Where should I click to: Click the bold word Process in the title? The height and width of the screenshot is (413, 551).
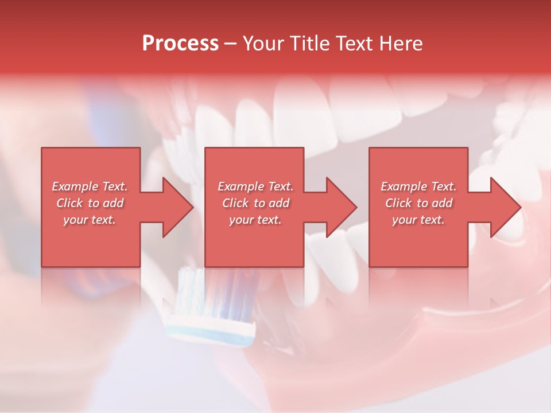(x=180, y=44)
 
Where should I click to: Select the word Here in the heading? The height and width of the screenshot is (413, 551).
(x=401, y=44)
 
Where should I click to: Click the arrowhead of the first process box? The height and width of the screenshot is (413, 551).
(x=178, y=207)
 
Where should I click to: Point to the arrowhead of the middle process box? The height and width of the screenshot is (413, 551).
(x=342, y=207)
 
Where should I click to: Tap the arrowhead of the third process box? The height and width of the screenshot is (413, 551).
(x=505, y=207)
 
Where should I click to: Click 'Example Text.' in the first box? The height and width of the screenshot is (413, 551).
(x=90, y=186)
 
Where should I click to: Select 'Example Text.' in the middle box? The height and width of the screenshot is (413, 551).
(x=255, y=186)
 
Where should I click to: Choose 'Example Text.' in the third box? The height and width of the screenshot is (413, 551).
(x=418, y=186)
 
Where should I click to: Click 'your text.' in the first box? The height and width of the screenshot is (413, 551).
(x=90, y=220)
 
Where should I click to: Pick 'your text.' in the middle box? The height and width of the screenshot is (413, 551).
(x=255, y=220)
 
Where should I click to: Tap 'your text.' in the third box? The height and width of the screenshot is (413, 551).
(x=418, y=220)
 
